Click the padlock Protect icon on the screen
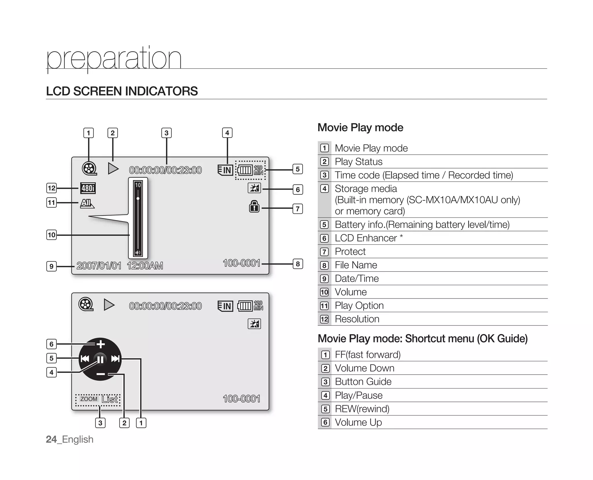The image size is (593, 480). [254, 206]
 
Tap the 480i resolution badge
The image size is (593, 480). [88, 188]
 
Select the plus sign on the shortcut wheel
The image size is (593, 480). [100, 344]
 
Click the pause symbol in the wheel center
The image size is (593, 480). [100, 360]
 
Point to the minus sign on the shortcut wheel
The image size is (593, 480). [100, 374]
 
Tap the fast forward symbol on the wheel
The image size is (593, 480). [115, 359]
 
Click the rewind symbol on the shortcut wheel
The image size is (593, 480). [85, 359]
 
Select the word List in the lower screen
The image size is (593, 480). [109, 400]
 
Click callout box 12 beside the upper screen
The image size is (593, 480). [52, 188]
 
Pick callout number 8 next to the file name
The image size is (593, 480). [298, 264]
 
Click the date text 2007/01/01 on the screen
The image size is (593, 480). [99, 266]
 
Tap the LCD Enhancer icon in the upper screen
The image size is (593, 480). [254, 188]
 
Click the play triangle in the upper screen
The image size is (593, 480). [113, 168]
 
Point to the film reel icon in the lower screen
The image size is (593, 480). [86, 304]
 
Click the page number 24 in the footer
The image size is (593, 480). [51, 439]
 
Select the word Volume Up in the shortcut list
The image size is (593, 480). [358, 422]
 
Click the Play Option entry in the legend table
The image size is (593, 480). [359, 305]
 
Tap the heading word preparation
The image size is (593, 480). [114, 59]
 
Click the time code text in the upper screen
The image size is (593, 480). [165, 170]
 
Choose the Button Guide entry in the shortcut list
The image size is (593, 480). [363, 382]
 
